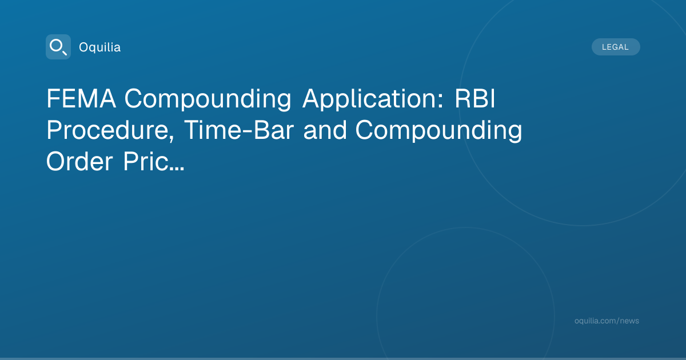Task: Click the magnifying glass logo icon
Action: click(58, 47)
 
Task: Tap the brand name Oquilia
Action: click(100, 47)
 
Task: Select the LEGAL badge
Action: click(616, 47)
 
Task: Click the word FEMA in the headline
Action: click(81, 98)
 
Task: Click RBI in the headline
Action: click(474, 98)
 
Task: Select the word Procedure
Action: click(108, 130)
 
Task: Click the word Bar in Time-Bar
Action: click(274, 130)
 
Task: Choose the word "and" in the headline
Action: click(325, 130)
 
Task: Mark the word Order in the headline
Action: click(79, 161)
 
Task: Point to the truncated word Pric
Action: click(146, 161)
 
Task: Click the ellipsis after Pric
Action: click(177, 169)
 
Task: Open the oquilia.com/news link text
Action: click(607, 321)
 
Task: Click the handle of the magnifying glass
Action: click(65, 53)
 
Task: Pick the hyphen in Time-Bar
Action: click(249, 131)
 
